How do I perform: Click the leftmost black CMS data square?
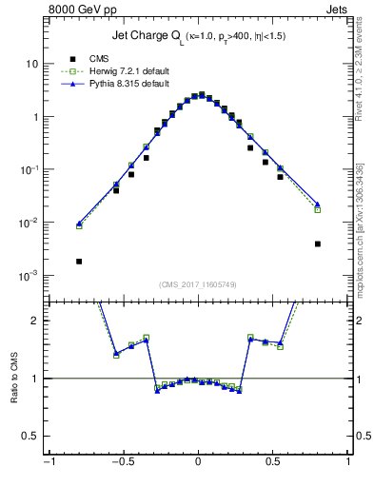(x=79, y=261)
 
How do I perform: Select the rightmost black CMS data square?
(x=317, y=243)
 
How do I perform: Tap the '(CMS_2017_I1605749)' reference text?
(x=198, y=283)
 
